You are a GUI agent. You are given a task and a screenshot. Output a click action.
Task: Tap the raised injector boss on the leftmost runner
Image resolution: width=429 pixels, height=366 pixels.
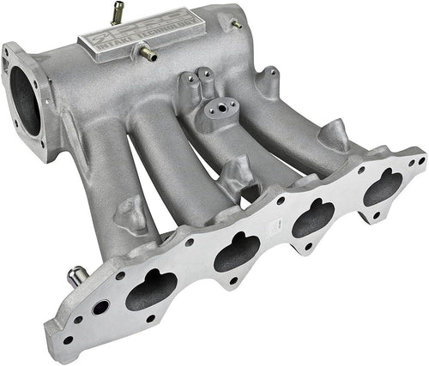pos(130,210)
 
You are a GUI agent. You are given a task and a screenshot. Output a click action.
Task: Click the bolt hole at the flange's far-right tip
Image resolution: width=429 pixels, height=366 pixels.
pos(418,161)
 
